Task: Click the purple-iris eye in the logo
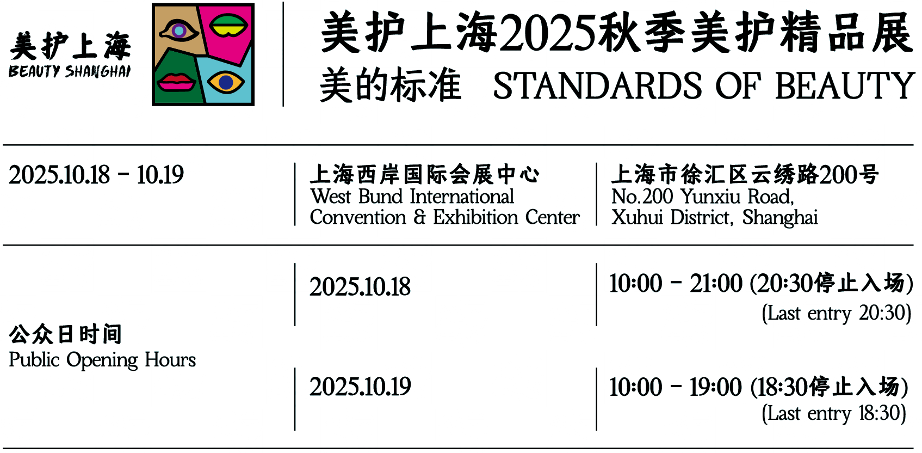[178, 30]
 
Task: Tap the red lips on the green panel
[176, 82]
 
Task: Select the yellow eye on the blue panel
[226, 83]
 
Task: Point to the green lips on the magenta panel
[228, 26]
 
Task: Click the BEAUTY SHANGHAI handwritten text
[70, 71]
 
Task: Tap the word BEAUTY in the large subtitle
[844, 86]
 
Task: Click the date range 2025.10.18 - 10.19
[96, 175]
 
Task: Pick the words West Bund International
[412, 197]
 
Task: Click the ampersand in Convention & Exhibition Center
[419, 217]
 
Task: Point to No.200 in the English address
[642, 197]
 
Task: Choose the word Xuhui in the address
[637, 218]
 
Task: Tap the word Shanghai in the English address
[780, 218]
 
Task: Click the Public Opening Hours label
[102, 360]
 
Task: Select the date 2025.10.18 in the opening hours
[360, 287]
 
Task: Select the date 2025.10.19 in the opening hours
[360, 387]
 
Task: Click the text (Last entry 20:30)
[836, 313]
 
